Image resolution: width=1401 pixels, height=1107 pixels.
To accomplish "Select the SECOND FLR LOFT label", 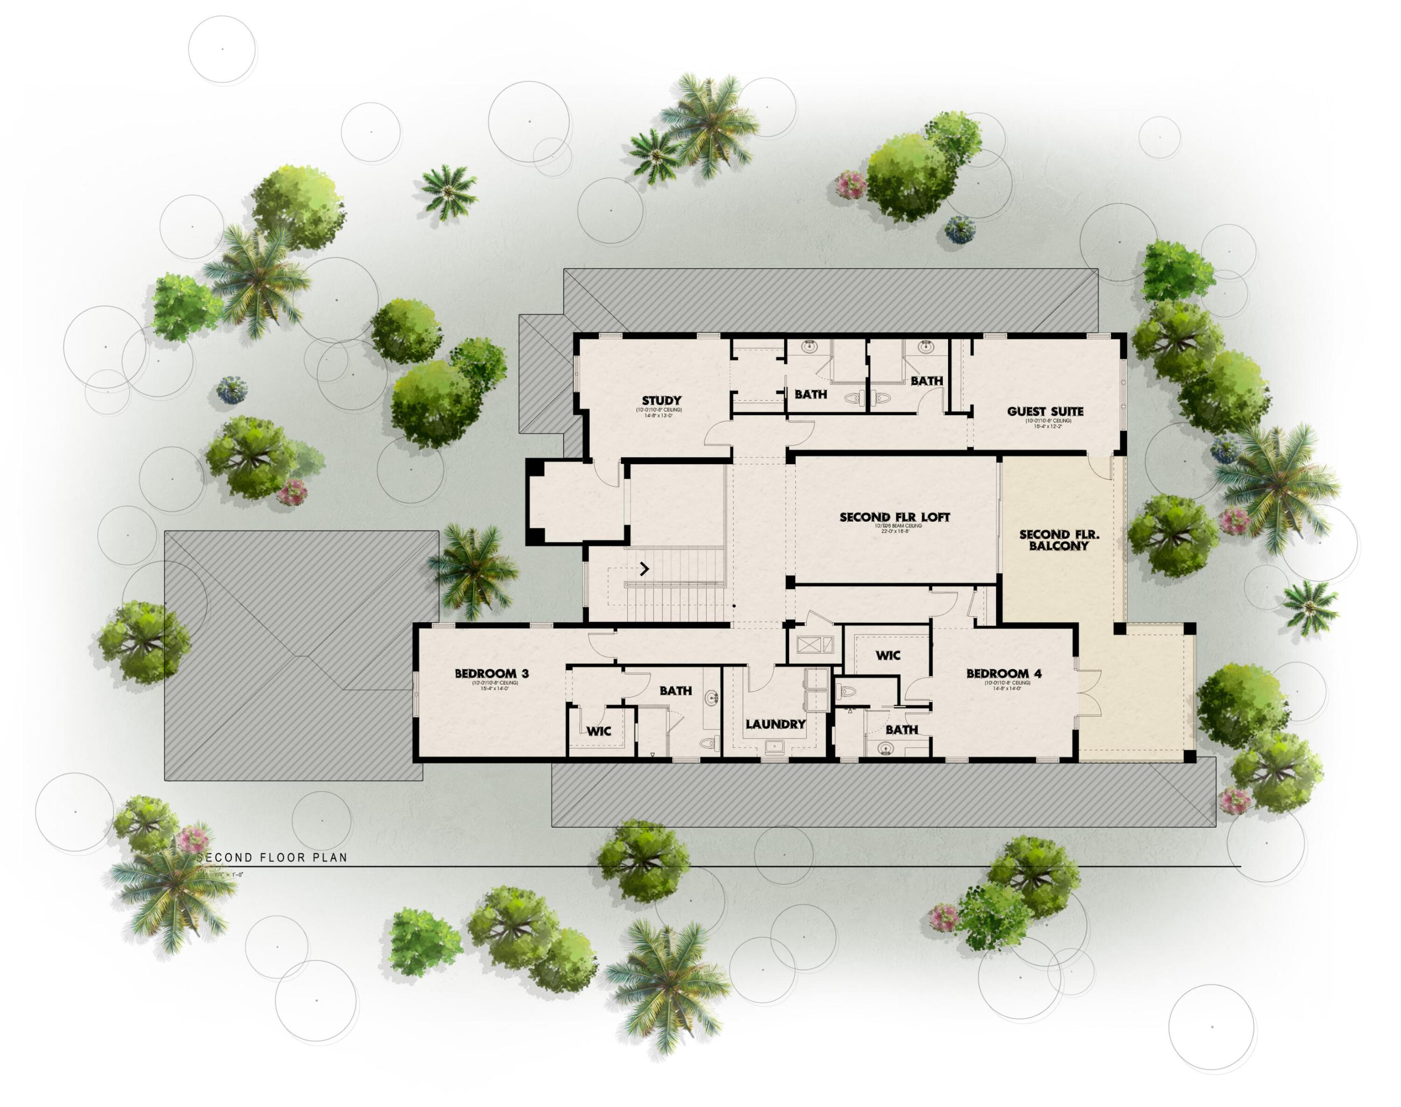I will pos(894,517).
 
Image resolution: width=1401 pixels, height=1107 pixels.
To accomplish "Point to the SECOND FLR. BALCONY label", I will pos(1053,540).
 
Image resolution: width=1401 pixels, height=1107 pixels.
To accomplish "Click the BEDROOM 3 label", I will pos(491,673).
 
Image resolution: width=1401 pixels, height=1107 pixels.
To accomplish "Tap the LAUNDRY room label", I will pos(775,724).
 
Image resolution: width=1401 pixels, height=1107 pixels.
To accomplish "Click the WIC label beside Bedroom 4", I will pos(888,655).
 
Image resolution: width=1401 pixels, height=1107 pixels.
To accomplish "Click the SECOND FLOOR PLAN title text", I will pos(273,857).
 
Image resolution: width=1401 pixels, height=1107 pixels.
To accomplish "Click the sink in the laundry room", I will pos(774,747).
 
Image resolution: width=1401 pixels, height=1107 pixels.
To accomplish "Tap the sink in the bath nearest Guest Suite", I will pos(925,347).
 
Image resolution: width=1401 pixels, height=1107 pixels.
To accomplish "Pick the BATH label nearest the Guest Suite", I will pos(926,381).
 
